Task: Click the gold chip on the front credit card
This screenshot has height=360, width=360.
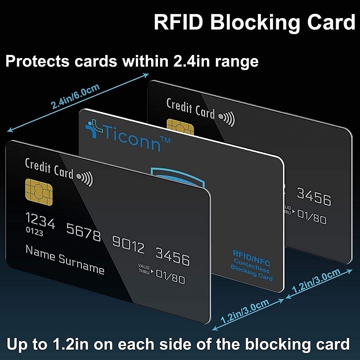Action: click(x=39, y=193)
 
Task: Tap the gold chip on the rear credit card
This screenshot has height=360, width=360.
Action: click(x=180, y=127)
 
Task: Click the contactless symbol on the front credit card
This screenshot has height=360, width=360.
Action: click(x=85, y=178)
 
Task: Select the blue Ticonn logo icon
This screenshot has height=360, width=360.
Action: click(x=94, y=128)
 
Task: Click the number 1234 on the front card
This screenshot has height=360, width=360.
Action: click(x=40, y=220)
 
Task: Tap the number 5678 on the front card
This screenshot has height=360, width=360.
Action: click(x=84, y=232)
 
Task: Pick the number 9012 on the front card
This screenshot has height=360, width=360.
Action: click(x=128, y=244)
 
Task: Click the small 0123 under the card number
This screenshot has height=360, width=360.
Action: click(x=35, y=231)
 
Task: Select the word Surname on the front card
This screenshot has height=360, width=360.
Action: click(x=81, y=264)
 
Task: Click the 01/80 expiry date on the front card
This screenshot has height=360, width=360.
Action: click(x=171, y=276)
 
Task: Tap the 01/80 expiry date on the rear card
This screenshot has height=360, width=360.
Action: click(x=312, y=216)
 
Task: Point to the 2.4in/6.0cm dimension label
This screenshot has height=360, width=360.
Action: click(x=75, y=96)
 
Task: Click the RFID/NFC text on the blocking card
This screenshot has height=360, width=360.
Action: click(x=252, y=257)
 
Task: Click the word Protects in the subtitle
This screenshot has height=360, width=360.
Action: click(x=37, y=61)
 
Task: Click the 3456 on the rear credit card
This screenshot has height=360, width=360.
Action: click(x=314, y=197)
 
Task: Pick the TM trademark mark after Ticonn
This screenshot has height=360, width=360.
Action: click(x=165, y=140)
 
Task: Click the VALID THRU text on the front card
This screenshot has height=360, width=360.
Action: click(x=144, y=269)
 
